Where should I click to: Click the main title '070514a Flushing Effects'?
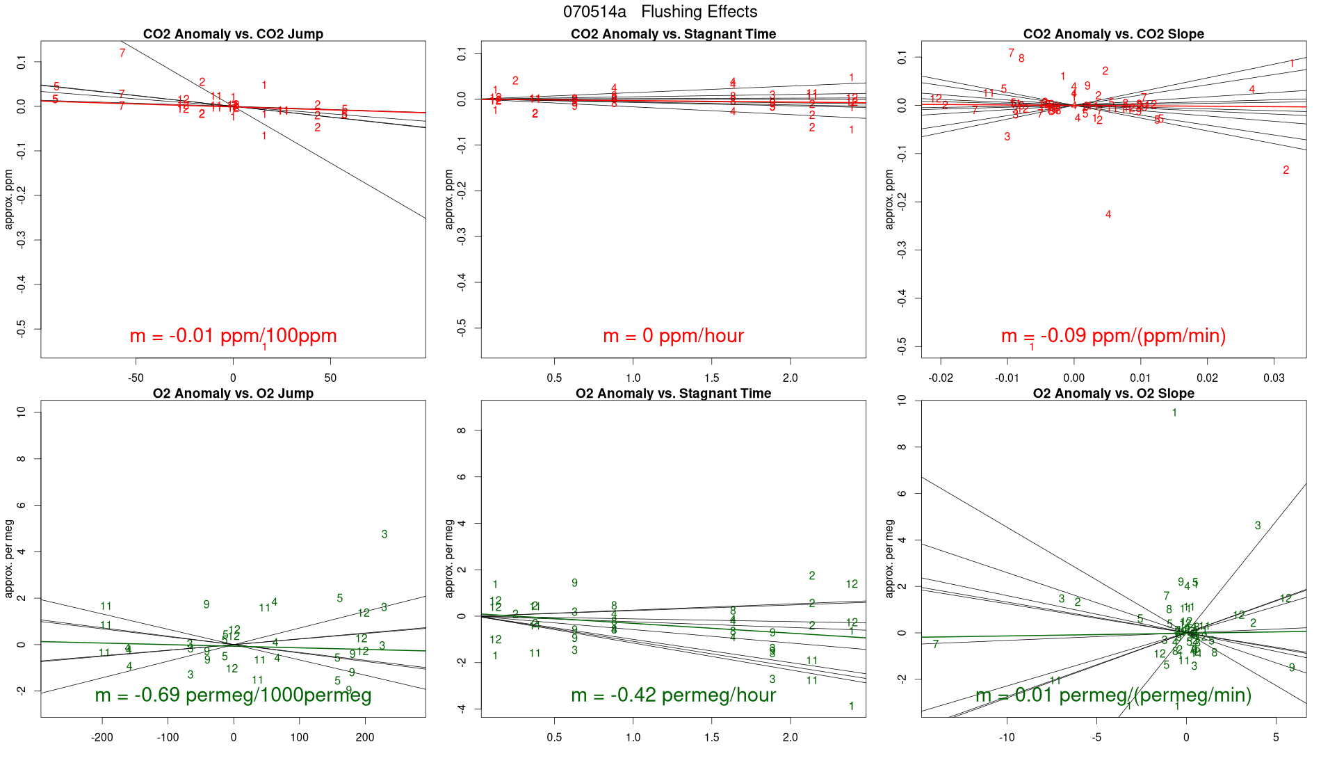pyautogui.click(x=660, y=12)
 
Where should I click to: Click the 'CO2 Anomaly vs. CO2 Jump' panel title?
pyautogui.click(x=233, y=34)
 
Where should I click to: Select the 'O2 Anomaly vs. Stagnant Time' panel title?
pyautogui.click(x=673, y=394)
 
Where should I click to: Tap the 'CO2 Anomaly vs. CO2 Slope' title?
pyautogui.click(x=1113, y=34)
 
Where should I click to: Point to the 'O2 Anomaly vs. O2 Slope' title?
pyautogui.click(x=1113, y=394)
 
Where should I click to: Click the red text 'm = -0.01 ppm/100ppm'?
pyautogui.click(x=233, y=336)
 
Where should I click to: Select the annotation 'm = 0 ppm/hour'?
pyautogui.click(x=673, y=336)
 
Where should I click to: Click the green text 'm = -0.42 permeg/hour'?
pyautogui.click(x=673, y=695)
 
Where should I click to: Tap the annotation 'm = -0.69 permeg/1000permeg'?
pyautogui.click(x=233, y=695)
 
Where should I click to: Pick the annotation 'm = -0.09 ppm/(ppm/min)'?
pyautogui.click(x=1113, y=336)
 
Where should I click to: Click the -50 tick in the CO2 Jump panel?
pyautogui.click(x=136, y=378)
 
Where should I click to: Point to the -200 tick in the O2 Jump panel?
pyautogui.click(x=102, y=737)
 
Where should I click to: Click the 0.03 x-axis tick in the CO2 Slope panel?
pyautogui.click(x=1274, y=378)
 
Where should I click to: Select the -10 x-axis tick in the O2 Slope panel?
pyautogui.click(x=1007, y=737)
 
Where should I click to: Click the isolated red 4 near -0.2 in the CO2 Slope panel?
pyautogui.click(x=1108, y=215)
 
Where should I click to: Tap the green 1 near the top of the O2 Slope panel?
pyautogui.click(x=1174, y=413)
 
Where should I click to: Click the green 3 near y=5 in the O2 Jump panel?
pyautogui.click(x=384, y=535)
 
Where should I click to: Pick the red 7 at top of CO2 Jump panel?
pyautogui.click(x=122, y=53)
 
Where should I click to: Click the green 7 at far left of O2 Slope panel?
pyautogui.click(x=936, y=645)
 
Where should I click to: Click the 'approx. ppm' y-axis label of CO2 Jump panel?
pyautogui.click(x=9, y=199)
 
